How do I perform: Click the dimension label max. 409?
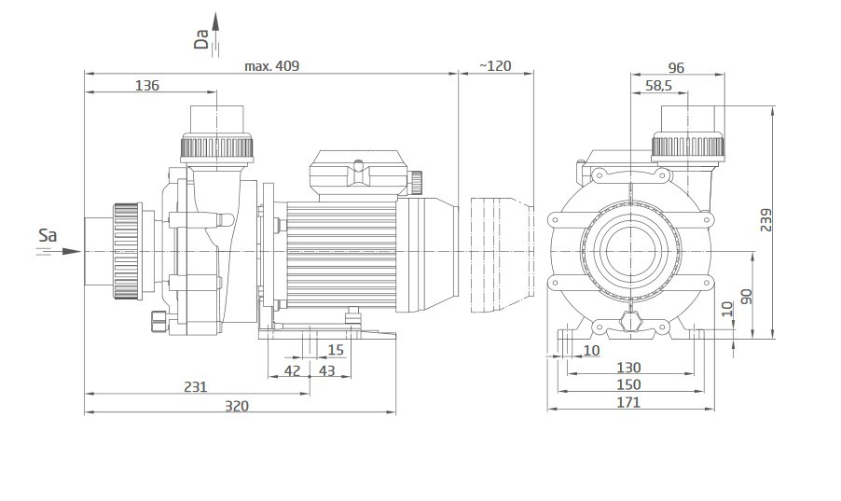(272, 66)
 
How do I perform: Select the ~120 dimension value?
(495, 66)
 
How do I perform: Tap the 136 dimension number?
(147, 86)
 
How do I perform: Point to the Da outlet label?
(201, 38)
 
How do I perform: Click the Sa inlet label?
(48, 235)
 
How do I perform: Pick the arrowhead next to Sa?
(72, 251)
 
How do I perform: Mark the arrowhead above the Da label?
(215, 21)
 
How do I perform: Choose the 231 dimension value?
(195, 386)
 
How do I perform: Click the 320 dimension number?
(237, 406)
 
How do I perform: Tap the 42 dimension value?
(293, 370)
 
